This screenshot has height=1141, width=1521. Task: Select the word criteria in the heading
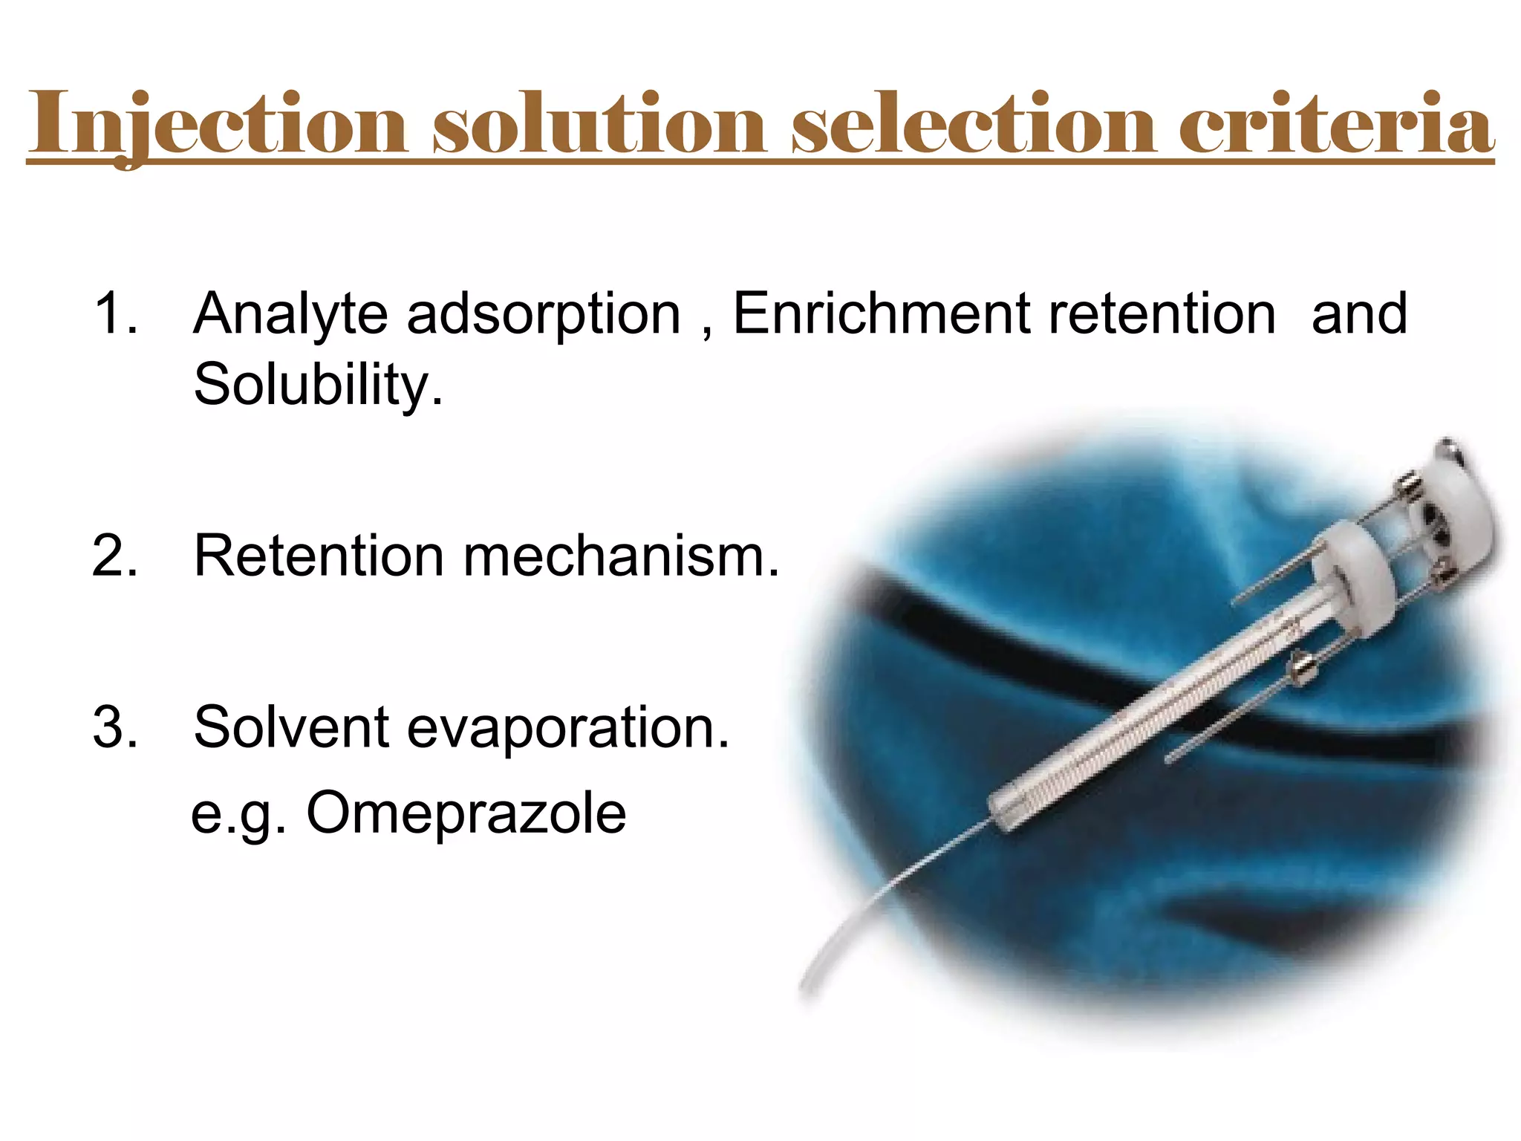coord(1336,123)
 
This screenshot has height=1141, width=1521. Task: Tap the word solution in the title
coord(599,123)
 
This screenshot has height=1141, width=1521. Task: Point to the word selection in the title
coord(974,123)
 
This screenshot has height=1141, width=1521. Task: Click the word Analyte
coord(290,314)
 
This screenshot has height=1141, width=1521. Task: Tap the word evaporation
coord(568,728)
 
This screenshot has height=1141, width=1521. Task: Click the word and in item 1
coord(1358,313)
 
